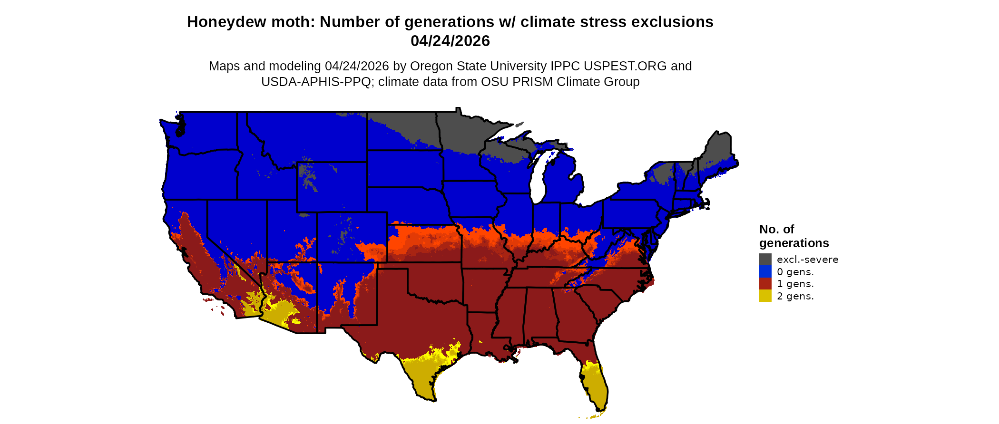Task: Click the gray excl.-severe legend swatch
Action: click(765, 259)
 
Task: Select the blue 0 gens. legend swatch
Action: click(765, 271)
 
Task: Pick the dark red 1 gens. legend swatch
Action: click(765, 284)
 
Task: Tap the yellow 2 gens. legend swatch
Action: click(765, 296)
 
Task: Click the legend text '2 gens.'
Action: click(795, 296)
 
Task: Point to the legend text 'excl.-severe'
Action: click(807, 260)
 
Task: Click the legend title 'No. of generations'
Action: click(793, 236)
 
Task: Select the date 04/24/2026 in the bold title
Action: click(450, 41)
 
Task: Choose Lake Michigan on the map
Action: click(538, 178)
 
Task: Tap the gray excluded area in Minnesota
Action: click(459, 131)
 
